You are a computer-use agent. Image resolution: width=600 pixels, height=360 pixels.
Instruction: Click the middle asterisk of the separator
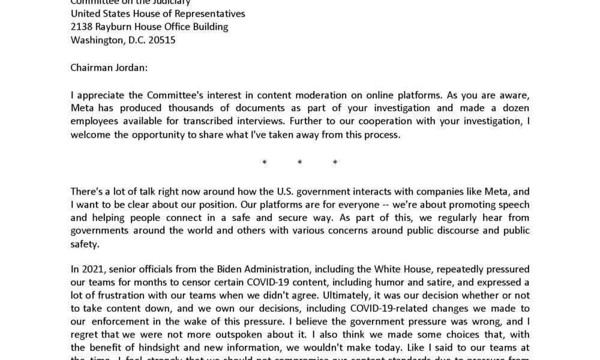click(300, 163)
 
